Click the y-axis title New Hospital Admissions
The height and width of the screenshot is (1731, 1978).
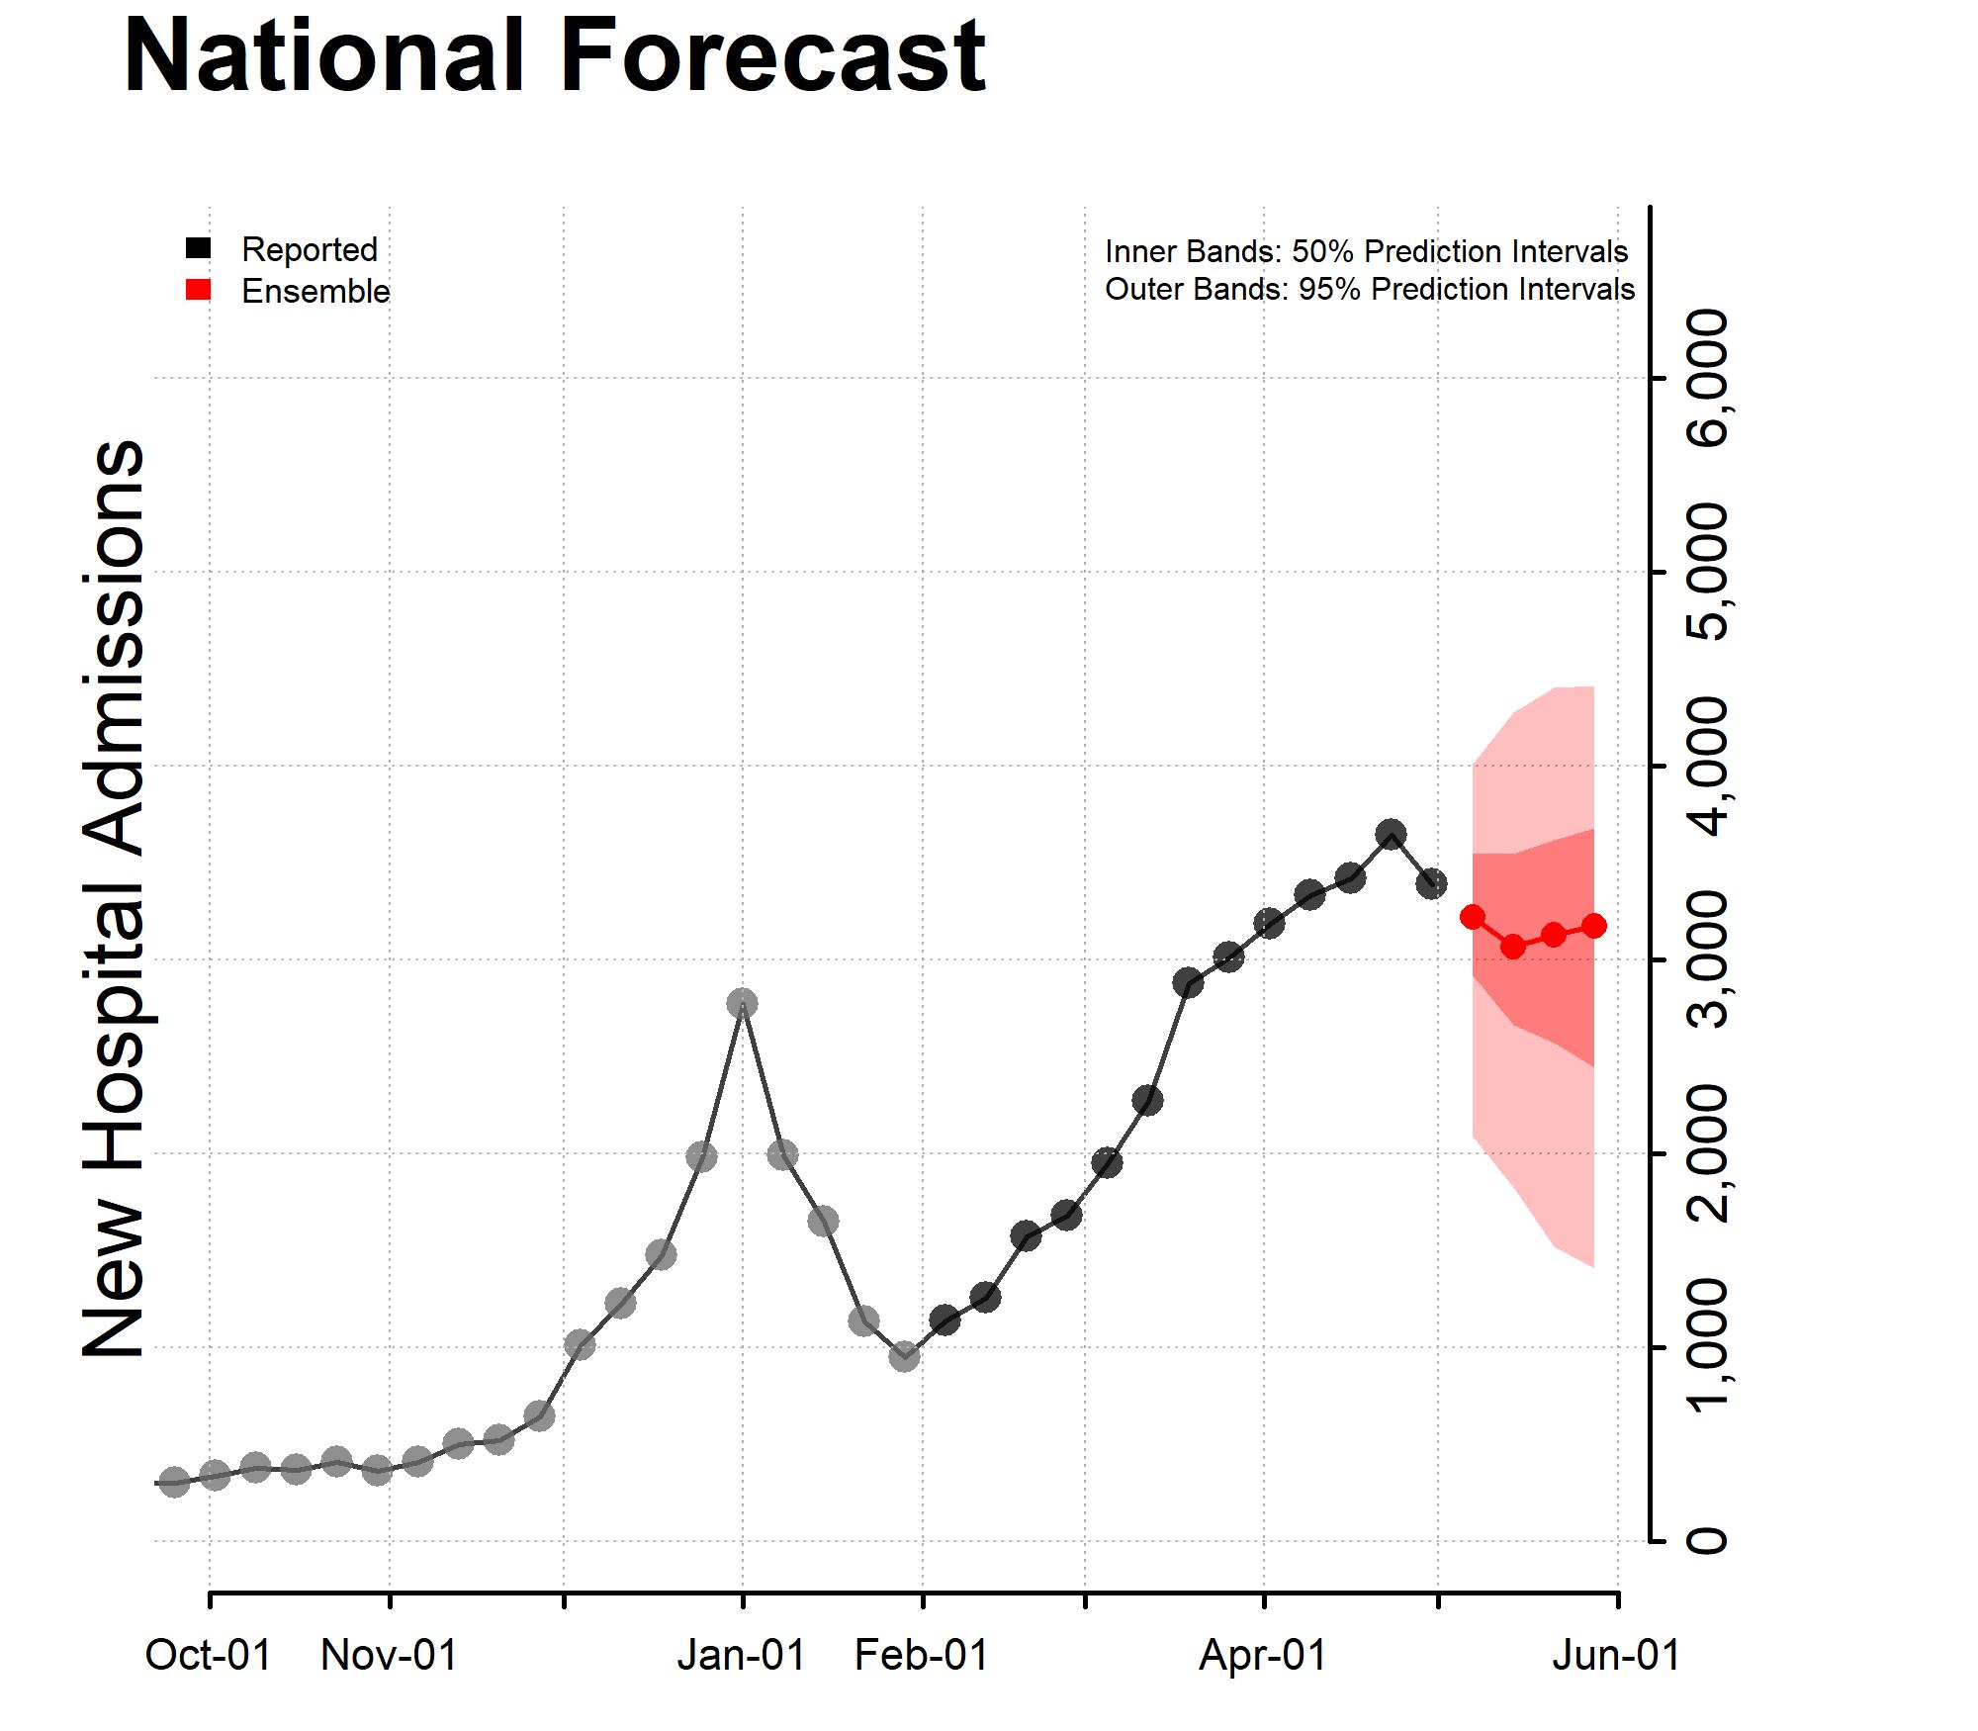(x=114, y=898)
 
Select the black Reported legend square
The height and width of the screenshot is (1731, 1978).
(x=199, y=247)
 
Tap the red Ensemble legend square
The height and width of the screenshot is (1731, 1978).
(x=199, y=290)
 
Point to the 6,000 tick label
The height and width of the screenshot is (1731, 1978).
(x=1707, y=377)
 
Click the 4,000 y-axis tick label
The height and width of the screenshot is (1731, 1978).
(x=1707, y=765)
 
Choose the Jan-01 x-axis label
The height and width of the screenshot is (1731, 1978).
(x=742, y=1655)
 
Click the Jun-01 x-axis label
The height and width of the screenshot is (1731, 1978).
(x=1616, y=1655)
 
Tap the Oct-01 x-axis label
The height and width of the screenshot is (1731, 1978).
(x=209, y=1655)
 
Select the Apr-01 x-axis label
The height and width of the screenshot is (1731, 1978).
(x=1263, y=1655)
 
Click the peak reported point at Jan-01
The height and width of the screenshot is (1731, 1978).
(x=742, y=1003)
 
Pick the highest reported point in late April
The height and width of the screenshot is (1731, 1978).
(x=1391, y=833)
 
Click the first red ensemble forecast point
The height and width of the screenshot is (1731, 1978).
(x=1472, y=917)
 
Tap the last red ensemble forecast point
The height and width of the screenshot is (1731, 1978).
(x=1594, y=926)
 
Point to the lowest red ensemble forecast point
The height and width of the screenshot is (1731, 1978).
(x=1512, y=947)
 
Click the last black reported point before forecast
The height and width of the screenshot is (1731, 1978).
(x=1431, y=883)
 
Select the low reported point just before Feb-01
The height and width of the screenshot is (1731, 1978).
(x=904, y=1357)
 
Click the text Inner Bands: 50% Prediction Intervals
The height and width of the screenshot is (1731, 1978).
(x=1366, y=251)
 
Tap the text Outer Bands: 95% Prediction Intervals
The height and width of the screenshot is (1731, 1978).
(x=1370, y=290)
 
